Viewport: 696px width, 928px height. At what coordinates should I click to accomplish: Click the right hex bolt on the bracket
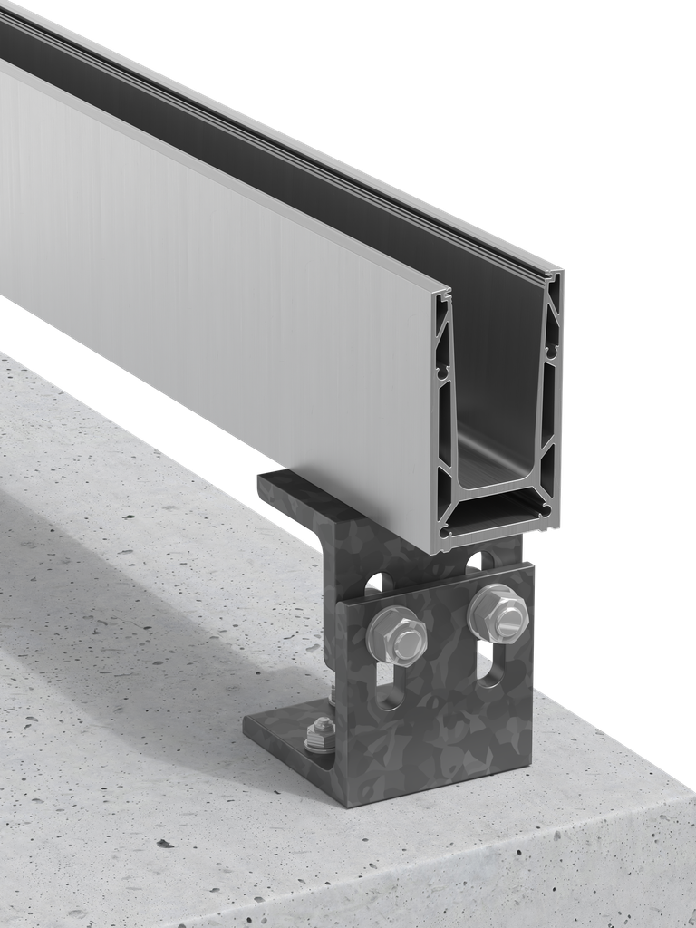coord(498,614)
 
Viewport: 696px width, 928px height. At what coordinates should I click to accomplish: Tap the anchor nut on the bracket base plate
coord(321,733)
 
